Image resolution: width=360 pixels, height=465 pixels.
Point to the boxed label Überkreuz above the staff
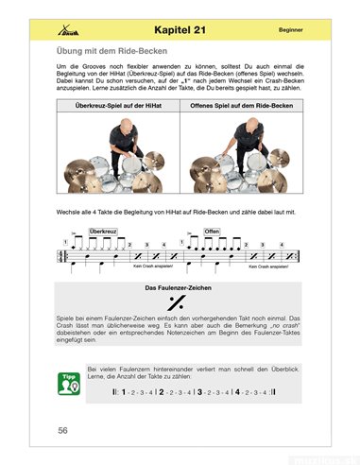pyautogui.click(x=102, y=230)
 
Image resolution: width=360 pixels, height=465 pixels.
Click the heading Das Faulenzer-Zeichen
pyautogui.click(x=176, y=286)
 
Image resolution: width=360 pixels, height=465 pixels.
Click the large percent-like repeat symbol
pyautogui.click(x=176, y=302)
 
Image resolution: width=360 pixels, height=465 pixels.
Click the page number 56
pyautogui.click(x=62, y=430)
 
